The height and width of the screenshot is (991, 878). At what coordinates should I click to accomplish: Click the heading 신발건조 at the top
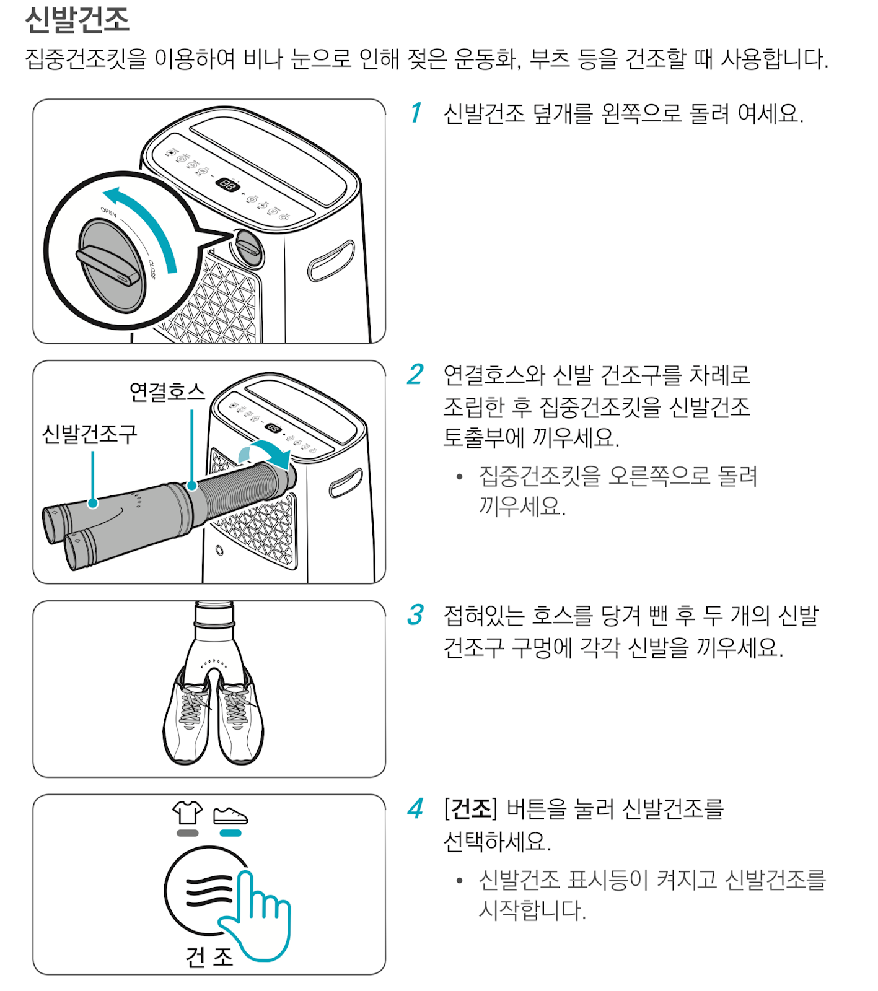tap(77, 20)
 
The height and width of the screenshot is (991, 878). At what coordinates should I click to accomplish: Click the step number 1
tap(416, 113)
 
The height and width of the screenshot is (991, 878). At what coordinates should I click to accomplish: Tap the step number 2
tap(415, 375)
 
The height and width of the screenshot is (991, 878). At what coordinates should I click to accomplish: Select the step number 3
tap(415, 615)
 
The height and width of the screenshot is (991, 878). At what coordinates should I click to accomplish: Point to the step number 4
tap(415, 809)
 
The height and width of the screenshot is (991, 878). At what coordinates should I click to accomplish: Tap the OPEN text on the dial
tap(109, 212)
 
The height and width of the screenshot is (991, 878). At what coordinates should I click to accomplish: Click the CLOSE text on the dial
tap(152, 269)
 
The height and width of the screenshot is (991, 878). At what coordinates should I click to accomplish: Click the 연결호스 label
tap(167, 391)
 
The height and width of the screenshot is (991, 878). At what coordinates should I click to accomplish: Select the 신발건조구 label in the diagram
tap(89, 434)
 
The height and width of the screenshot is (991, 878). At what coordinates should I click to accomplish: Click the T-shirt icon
tap(187, 813)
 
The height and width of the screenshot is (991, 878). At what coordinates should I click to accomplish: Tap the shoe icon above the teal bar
tap(230, 816)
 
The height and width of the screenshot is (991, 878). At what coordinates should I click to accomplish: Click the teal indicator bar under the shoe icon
tap(230, 834)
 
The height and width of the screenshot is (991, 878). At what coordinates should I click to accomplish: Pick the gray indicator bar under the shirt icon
tap(187, 834)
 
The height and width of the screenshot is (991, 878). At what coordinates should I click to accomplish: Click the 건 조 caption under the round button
tap(209, 957)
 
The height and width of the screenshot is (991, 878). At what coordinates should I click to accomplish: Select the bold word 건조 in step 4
tap(471, 809)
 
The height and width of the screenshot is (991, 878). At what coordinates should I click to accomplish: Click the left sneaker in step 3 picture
tap(187, 718)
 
